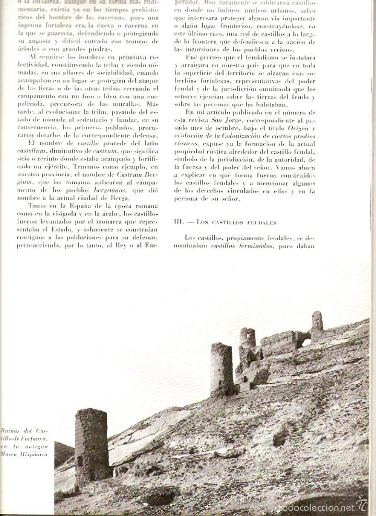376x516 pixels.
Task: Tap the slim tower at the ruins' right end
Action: [x=317, y=322]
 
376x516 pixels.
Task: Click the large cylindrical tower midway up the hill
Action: [x=221, y=369]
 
